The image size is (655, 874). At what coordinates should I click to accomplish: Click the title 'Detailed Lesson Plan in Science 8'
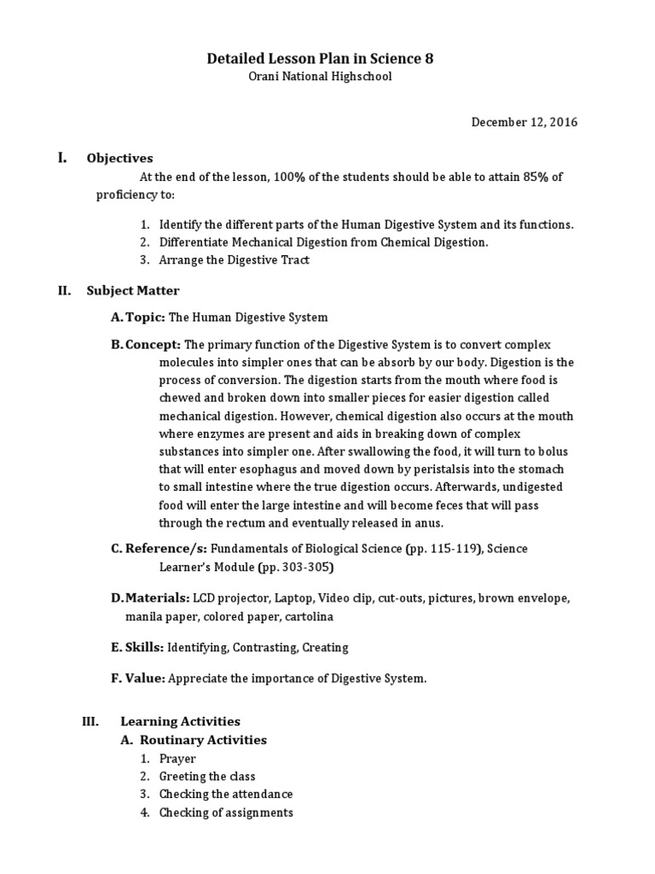(x=327, y=59)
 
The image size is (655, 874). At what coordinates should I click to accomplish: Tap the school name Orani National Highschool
(x=327, y=77)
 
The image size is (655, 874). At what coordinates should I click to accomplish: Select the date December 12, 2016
(x=525, y=122)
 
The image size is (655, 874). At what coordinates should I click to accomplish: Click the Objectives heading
(x=119, y=158)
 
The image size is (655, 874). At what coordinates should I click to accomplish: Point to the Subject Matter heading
(x=133, y=290)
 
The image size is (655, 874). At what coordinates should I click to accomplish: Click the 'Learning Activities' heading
(x=180, y=721)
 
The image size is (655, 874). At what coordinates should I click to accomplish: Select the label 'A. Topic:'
(x=138, y=318)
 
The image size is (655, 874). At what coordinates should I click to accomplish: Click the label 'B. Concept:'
(x=145, y=344)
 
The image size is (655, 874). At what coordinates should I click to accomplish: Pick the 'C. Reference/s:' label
(x=159, y=548)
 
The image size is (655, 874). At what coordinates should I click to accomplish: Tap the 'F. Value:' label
(x=138, y=679)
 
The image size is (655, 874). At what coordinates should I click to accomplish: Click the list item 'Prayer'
(x=177, y=759)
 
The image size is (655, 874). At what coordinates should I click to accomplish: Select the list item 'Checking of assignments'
(x=226, y=813)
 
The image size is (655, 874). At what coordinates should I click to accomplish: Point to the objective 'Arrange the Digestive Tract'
(x=235, y=259)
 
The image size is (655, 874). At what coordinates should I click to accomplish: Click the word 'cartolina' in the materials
(x=310, y=616)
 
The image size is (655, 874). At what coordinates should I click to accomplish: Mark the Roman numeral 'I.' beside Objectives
(x=62, y=157)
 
